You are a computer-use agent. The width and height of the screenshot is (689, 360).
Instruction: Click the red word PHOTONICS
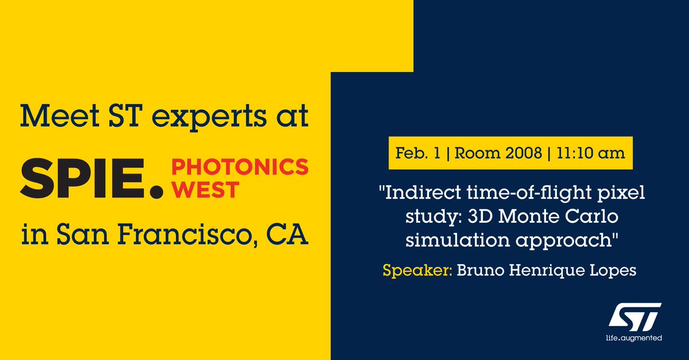240,168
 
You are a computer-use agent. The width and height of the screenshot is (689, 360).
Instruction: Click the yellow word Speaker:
417,270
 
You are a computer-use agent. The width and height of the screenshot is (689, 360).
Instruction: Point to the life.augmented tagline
634,339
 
